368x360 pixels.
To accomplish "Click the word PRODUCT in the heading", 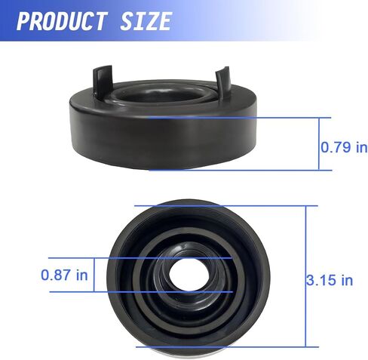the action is (61, 22).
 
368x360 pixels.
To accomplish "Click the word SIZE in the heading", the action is (146, 22).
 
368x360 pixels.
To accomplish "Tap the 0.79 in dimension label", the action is (344, 147).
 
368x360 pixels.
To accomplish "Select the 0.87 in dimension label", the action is (64, 275).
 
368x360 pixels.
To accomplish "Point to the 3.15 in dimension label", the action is (330, 280).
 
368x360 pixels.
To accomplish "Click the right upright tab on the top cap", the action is (222, 82).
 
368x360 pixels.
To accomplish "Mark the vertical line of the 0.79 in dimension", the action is (319, 144).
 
